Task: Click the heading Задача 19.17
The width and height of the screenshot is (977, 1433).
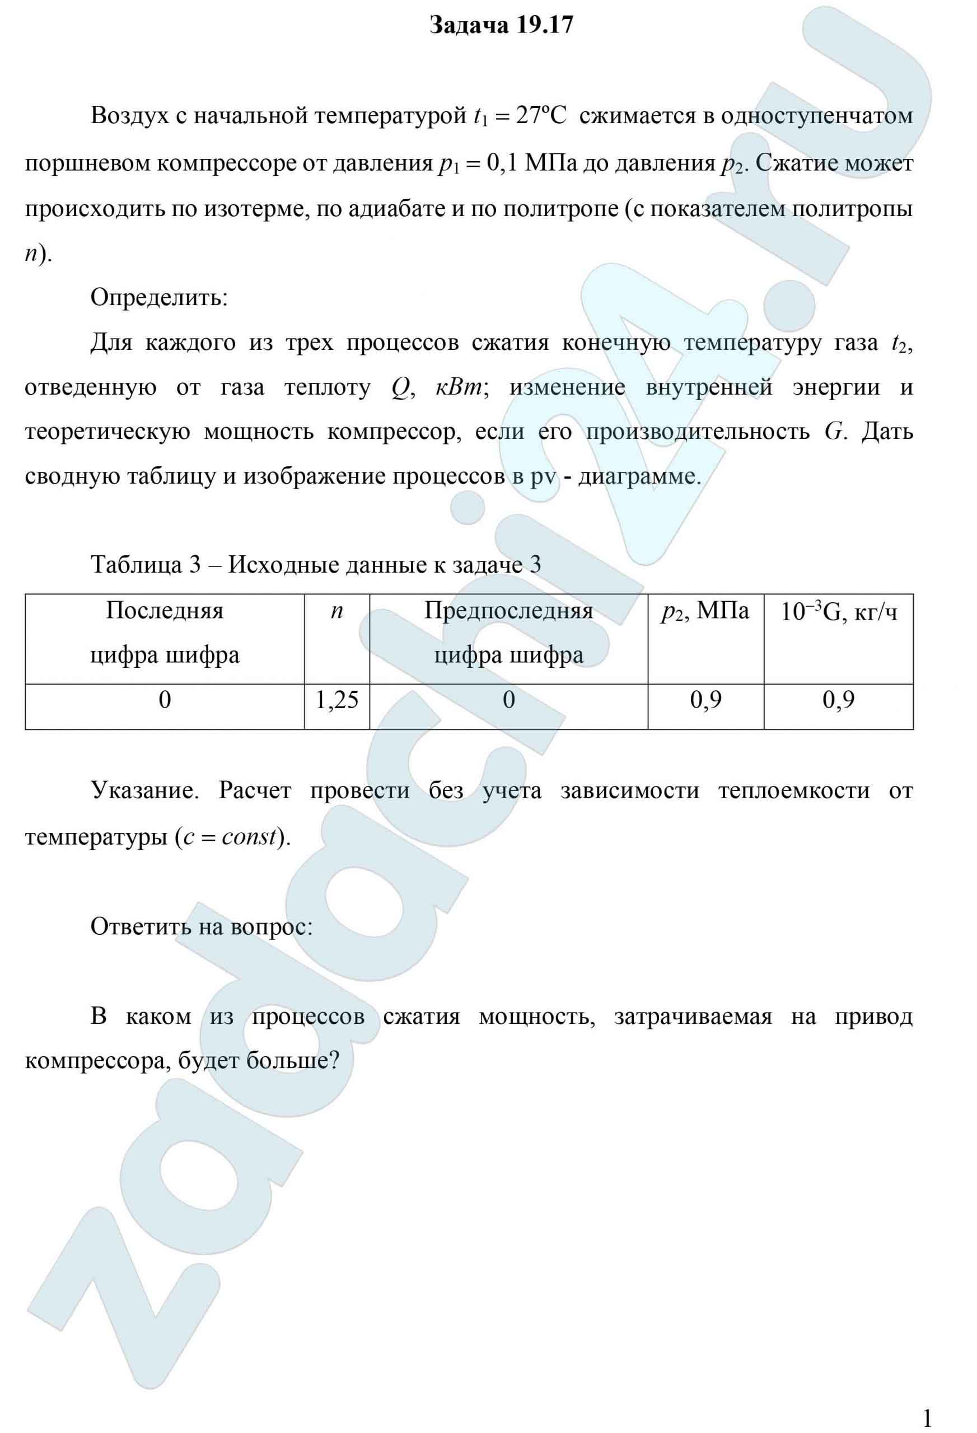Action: click(501, 25)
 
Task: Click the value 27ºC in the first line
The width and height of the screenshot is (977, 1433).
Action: click(541, 115)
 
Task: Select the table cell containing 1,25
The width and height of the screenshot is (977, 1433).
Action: click(336, 700)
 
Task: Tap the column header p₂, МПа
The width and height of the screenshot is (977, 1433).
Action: click(705, 611)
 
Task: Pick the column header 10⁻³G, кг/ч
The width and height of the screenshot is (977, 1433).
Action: click(838, 611)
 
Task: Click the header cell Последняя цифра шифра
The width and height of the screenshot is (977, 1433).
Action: click(165, 632)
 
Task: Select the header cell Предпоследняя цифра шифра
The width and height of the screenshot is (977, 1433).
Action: click(508, 632)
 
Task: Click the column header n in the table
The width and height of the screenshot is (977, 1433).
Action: click(336, 611)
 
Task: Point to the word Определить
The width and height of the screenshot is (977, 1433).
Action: click(159, 298)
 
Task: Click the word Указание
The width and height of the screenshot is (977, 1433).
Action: click(145, 790)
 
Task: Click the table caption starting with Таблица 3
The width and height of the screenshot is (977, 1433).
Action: click(316, 564)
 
